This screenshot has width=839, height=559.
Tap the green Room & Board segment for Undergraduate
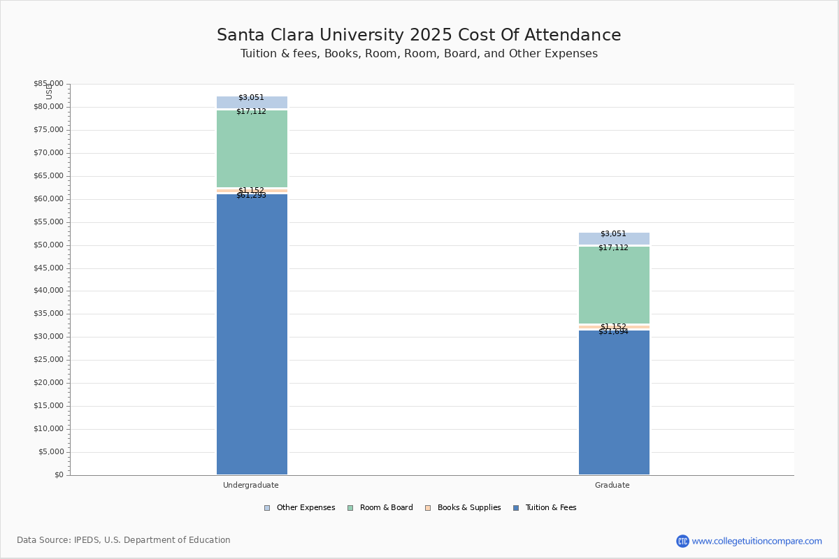point(252,150)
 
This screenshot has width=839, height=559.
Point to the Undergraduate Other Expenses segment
point(252,103)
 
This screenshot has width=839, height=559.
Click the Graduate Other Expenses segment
point(614,239)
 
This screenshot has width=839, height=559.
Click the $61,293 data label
point(251,196)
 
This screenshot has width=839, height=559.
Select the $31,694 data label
point(613,332)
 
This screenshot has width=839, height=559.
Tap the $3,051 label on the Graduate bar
point(613,234)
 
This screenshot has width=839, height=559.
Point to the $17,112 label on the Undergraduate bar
point(251,112)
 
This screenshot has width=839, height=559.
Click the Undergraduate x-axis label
point(251,485)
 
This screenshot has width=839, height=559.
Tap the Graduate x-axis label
point(612,485)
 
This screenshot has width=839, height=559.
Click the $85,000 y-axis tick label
point(48,84)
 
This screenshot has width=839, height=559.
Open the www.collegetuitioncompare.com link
point(756,541)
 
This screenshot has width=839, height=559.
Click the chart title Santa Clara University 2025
point(419,36)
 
